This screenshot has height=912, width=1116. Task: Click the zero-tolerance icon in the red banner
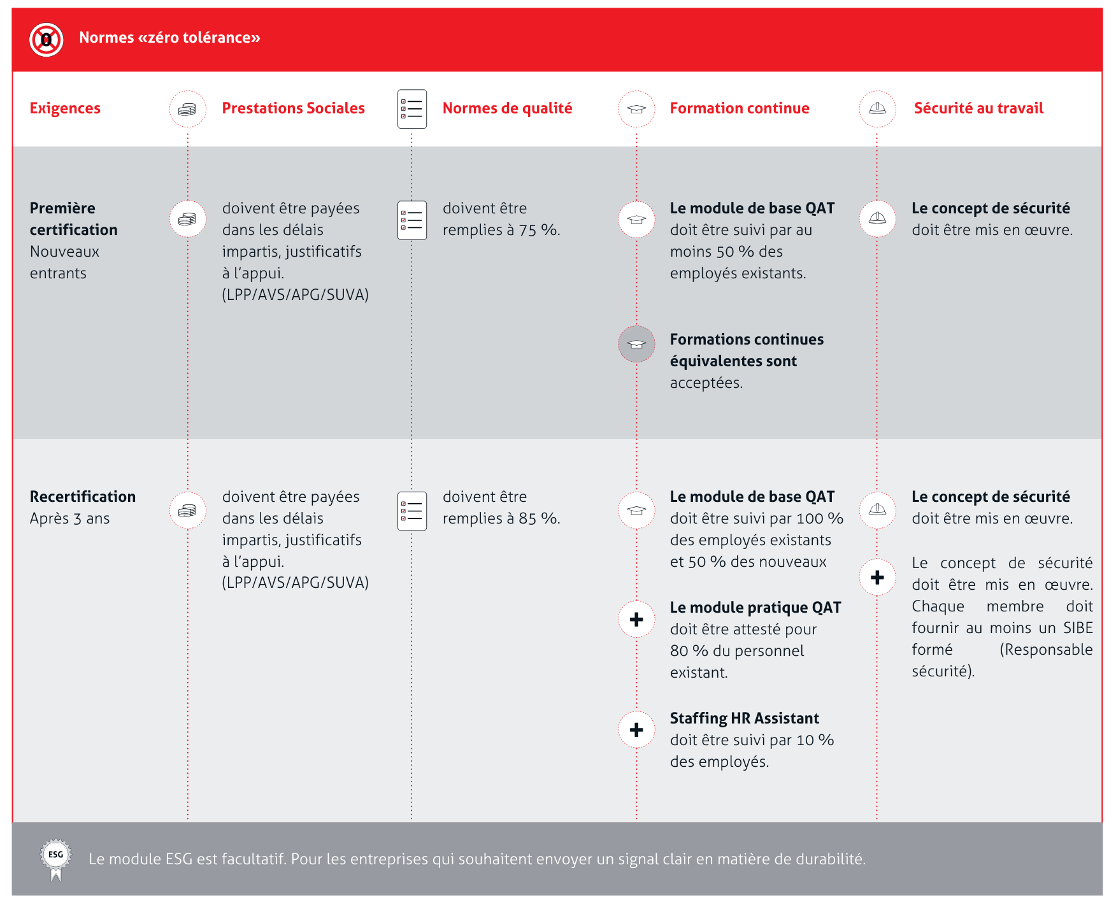[46, 39]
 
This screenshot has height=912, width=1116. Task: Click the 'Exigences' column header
[65, 108]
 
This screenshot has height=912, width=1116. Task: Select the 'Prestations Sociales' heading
[293, 108]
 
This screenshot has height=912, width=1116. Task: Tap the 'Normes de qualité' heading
[507, 108]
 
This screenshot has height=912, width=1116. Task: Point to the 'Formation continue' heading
[739, 108]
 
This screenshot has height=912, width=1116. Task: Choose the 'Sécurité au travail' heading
[978, 108]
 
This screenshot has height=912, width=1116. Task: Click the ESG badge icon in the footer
[56, 857]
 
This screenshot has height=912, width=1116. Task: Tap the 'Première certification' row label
[73, 219]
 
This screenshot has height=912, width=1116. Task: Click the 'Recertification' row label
[83, 497]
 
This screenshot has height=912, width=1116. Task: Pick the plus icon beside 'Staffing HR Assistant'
[636, 730]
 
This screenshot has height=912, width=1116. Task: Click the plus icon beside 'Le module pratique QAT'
[636, 619]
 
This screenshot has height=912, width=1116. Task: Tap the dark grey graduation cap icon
[636, 344]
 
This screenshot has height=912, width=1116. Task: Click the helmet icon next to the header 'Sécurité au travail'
[877, 108]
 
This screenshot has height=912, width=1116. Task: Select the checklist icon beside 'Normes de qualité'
[412, 109]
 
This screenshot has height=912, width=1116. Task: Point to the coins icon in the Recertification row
[187, 510]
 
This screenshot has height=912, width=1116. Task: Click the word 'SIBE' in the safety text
[1078, 628]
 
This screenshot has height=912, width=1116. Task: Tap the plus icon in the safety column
[877, 577]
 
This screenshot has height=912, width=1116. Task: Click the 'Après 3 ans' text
[69, 519]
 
